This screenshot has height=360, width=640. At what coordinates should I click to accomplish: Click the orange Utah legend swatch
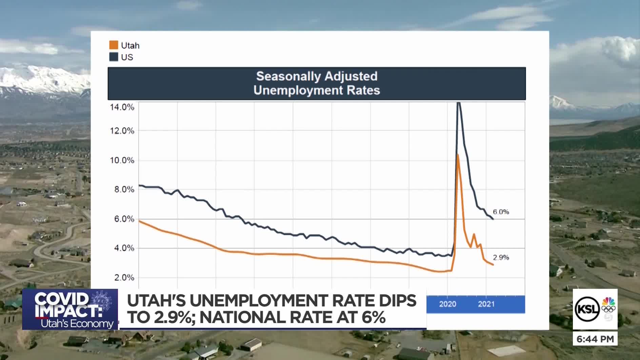click(x=114, y=45)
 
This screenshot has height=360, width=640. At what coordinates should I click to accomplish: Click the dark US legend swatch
click(x=114, y=57)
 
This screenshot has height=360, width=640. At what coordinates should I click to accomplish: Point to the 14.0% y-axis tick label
click(x=122, y=107)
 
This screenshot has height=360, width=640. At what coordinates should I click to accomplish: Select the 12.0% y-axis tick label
click(x=122, y=131)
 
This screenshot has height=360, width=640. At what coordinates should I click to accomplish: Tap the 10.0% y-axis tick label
click(x=122, y=160)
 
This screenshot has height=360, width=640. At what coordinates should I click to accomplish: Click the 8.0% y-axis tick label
click(x=124, y=189)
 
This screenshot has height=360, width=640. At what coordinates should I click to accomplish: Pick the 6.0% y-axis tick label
click(x=124, y=219)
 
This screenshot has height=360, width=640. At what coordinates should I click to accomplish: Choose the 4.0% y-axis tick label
click(x=124, y=248)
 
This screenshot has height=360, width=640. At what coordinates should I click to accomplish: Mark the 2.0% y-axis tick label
click(x=124, y=278)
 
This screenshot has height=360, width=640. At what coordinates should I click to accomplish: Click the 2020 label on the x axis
click(x=447, y=304)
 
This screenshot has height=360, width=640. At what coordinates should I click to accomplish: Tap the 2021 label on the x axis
click(x=486, y=304)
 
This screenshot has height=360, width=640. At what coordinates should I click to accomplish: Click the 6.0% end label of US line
click(x=501, y=212)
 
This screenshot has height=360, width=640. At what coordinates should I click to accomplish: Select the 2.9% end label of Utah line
click(x=501, y=258)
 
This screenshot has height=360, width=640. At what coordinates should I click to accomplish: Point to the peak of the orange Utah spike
click(x=458, y=155)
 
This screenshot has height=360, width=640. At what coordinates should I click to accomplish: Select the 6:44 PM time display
click(x=595, y=339)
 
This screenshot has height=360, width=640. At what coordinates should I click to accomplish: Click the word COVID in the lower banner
click(x=61, y=299)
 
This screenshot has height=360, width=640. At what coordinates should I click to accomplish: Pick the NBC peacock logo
click(x=608, y=301)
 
